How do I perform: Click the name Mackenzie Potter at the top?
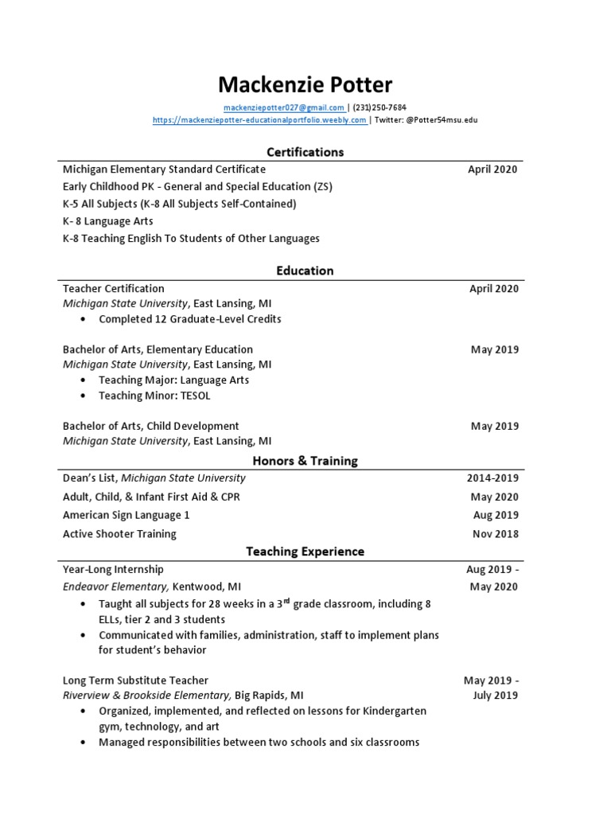305,84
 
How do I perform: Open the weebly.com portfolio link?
259,120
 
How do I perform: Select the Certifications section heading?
305,151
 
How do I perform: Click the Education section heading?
305,271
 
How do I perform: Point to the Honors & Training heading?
305,461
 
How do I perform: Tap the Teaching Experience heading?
305,551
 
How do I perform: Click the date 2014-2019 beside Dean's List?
492,478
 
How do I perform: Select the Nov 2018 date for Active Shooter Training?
495,534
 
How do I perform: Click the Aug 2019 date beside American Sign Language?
495,515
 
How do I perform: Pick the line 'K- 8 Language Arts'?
108,221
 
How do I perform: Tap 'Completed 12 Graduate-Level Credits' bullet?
189,319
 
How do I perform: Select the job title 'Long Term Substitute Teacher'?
135,680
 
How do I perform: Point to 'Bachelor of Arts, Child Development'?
150,426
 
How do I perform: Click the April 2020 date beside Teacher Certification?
493,289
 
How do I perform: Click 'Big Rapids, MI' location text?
269,695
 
